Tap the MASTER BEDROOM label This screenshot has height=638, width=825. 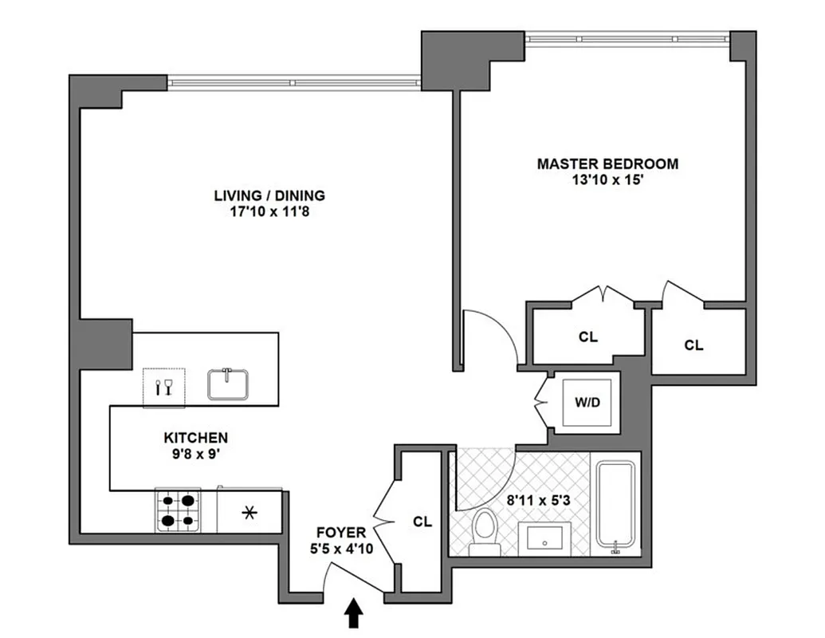pos(607,164)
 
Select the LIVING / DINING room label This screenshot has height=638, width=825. pos(269,195)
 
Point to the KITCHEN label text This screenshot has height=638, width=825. pos(195,438)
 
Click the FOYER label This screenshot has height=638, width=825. pos(340,532)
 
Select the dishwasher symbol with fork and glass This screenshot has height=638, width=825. pos(163,387)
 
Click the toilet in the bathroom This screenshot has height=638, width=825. pos(484,533)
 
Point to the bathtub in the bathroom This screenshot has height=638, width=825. pos(617,504)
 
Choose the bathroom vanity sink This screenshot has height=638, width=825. pos(544,539)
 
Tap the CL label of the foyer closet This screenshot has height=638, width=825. pos(422,522)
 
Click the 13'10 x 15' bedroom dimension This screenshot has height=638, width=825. pos(607,179)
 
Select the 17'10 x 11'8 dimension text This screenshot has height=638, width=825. pos(269,211)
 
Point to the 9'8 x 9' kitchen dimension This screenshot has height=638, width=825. pos(195,454)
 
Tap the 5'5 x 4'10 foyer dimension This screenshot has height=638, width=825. pos(340,548)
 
